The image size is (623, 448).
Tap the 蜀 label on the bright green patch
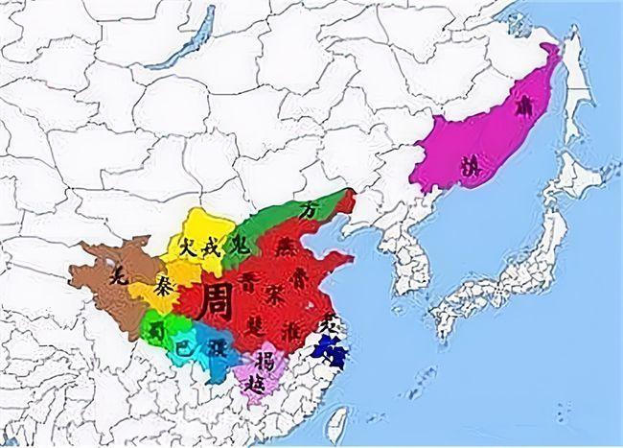point(156,329)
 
